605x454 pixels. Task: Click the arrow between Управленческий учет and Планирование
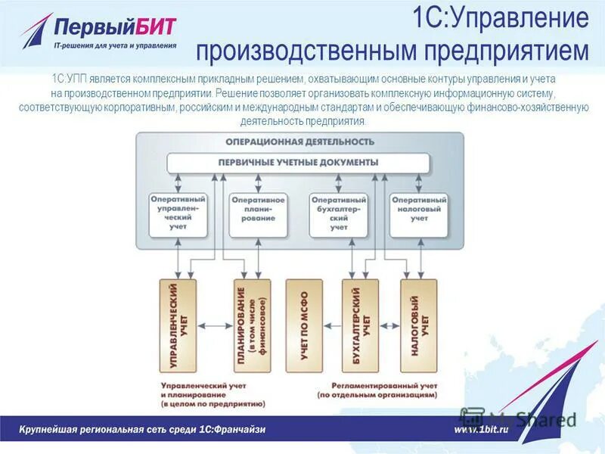[216, 326]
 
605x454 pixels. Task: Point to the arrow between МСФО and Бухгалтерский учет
[333, 326]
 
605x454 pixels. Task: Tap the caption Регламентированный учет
[376, 385]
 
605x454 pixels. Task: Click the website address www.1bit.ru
[480, 429]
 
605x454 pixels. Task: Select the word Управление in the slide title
[520, 18]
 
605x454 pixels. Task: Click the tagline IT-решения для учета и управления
[116, 45]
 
